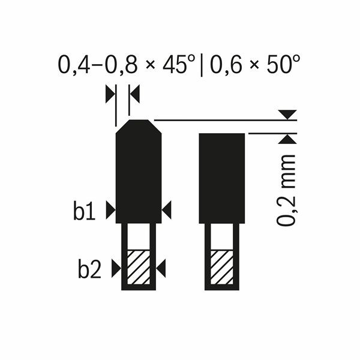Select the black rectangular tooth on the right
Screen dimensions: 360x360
click(221, 178)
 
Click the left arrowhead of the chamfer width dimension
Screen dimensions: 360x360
click(109, 93)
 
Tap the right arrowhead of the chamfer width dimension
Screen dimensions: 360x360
click(134, 93)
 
